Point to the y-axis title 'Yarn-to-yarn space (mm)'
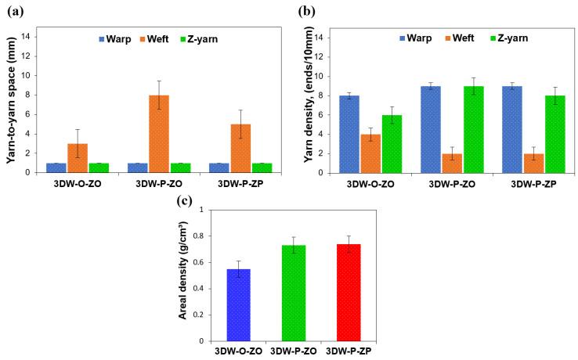[x=11, y=100]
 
